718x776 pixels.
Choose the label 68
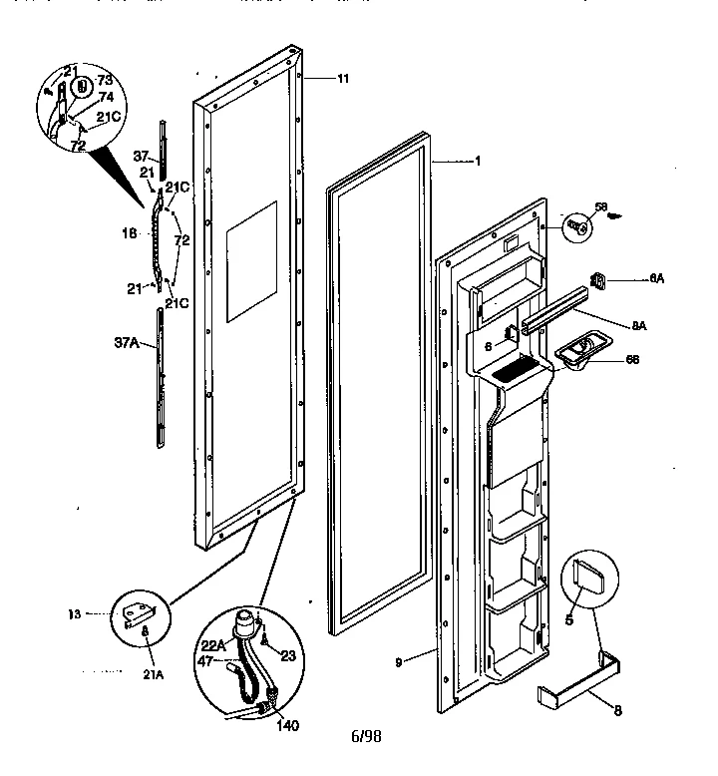click(x=631, y=359)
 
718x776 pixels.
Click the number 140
click(x=287, y=726)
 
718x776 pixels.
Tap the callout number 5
click(x=570, y=618)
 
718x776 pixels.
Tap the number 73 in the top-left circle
click(x=104, y=78)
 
